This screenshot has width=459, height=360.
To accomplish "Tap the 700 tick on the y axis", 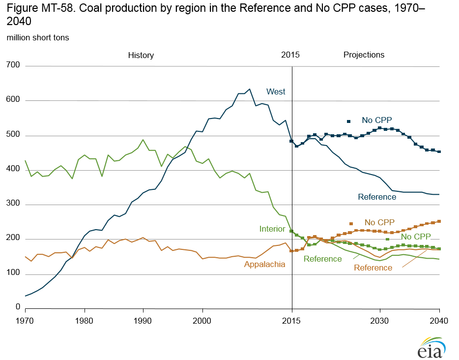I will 13,65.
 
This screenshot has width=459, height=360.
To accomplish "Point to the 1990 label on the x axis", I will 143,319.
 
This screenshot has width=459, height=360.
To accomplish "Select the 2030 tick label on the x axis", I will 379,319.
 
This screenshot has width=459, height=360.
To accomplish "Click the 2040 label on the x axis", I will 438,319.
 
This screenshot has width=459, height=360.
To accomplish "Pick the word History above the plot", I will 141,56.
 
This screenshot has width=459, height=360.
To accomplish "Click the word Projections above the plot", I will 364,55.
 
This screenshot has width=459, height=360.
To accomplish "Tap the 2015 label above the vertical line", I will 290,55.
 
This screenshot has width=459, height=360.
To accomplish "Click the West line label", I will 276,92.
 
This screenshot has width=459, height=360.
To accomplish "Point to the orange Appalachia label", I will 264,264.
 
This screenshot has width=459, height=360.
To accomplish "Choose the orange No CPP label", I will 379,222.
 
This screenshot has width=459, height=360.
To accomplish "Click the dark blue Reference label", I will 377,197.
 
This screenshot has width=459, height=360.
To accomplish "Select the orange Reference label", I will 373,268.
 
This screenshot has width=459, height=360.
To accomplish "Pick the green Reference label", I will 322,259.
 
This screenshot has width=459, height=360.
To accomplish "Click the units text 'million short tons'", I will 38,38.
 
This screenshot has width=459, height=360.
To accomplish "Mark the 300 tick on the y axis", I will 13,204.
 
